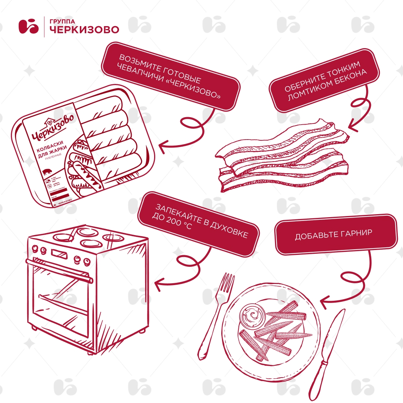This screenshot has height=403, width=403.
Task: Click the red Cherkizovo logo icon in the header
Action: [29, 26]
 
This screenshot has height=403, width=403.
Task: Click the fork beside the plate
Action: [218, 313]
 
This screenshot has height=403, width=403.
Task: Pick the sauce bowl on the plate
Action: [252, 314]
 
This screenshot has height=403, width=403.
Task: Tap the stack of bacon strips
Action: [284, 157]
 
